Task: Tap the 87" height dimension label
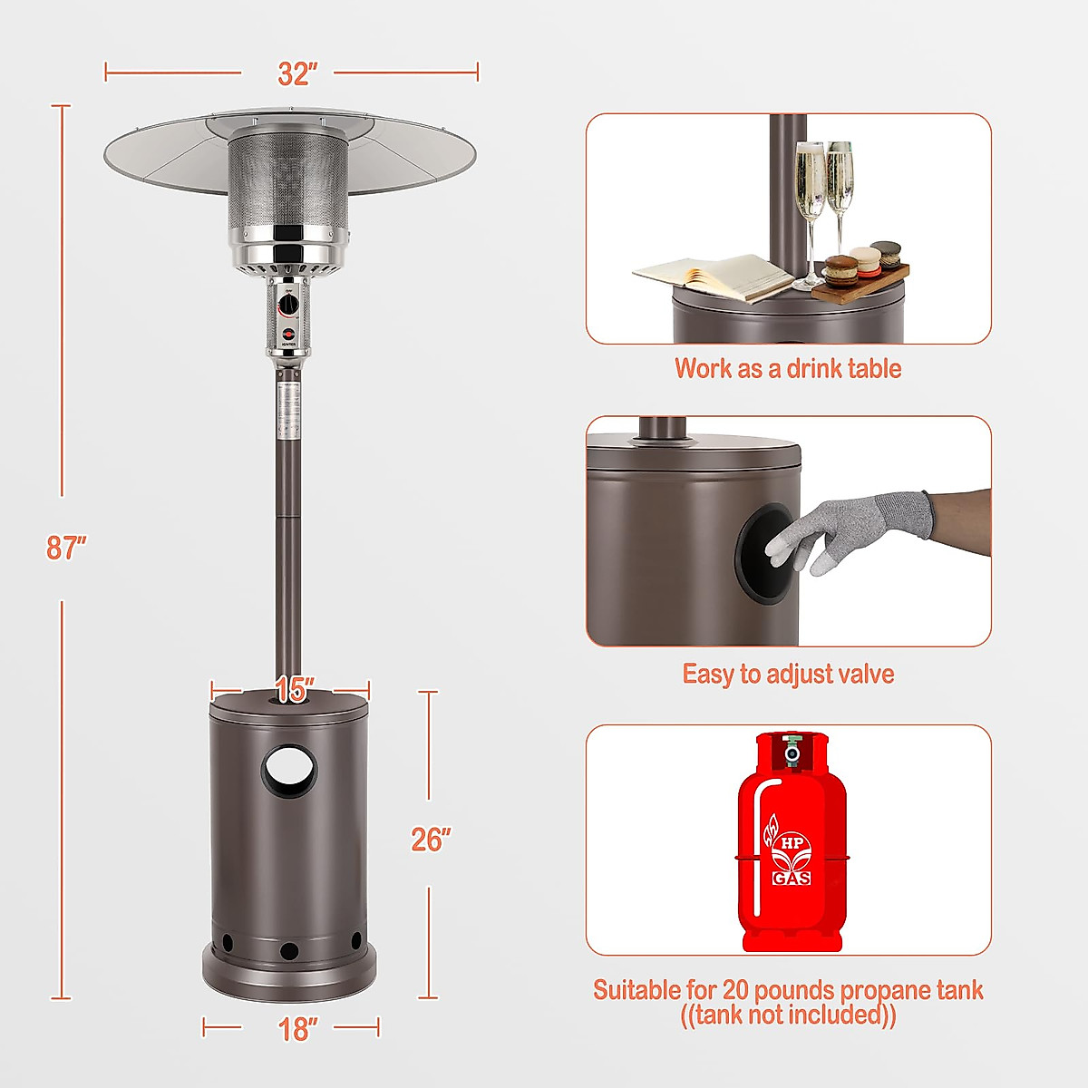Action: (65, 548)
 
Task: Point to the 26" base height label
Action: (431, 840)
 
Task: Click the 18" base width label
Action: (298, 1029)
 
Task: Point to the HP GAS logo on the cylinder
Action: (792, 858)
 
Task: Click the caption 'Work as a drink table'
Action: (787, 369)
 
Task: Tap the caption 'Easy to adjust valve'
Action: (787, 674)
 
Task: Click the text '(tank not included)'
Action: (787, 1015)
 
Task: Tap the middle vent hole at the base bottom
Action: (289, 951)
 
